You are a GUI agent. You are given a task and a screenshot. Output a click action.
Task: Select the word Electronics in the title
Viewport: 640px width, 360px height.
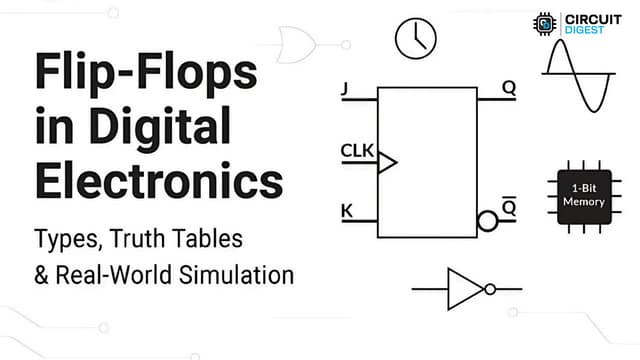pos(159,182)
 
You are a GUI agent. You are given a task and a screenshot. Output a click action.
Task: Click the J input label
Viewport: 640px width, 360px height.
pos(345,89)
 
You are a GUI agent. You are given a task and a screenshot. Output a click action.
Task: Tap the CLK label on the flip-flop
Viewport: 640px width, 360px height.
pos(356,151)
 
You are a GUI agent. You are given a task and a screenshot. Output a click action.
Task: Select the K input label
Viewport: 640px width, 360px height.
pos(346,211)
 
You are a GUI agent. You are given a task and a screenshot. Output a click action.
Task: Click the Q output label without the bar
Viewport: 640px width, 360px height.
pos(509,87)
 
